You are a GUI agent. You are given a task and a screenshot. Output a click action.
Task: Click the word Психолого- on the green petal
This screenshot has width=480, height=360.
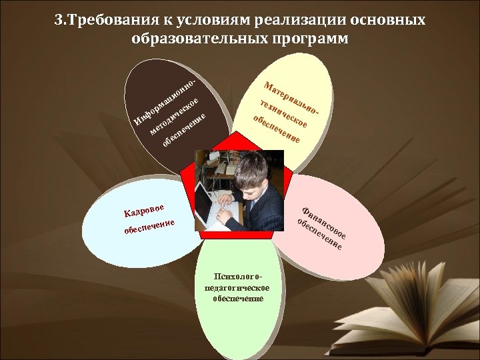click(239, 276)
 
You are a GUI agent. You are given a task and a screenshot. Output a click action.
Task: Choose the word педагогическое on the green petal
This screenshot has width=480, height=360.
click(238, 287)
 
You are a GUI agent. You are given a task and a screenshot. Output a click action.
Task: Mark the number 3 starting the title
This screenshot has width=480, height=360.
click(59, 20)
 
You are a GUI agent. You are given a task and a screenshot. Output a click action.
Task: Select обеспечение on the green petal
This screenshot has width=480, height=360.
click(238, 298)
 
